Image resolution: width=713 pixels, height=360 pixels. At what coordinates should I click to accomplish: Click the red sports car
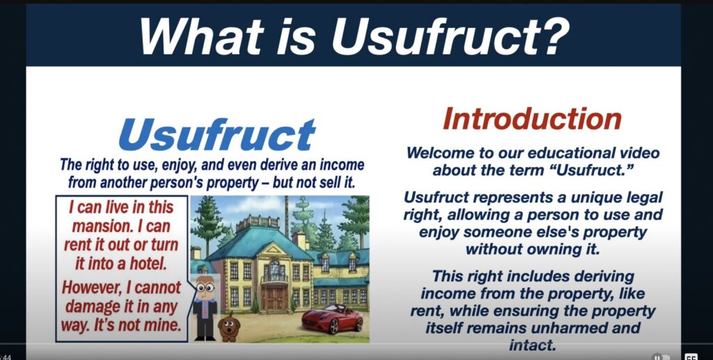coord(332,318)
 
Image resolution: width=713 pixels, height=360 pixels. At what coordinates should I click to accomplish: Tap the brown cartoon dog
coord(228,327)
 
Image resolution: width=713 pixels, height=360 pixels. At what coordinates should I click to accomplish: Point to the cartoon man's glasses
coord(205,288)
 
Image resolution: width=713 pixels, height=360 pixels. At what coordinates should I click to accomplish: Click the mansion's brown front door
coord(274,298)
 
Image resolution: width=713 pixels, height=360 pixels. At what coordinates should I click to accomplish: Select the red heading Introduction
coord(532,118)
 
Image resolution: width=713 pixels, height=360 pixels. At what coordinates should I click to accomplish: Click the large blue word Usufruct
coord(217,134)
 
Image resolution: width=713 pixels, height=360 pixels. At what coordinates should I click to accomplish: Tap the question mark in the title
coord(554,36)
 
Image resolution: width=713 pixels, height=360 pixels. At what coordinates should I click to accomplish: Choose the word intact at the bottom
coord(532,345)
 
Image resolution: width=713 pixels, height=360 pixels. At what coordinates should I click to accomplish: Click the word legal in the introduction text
coord(645,198)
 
